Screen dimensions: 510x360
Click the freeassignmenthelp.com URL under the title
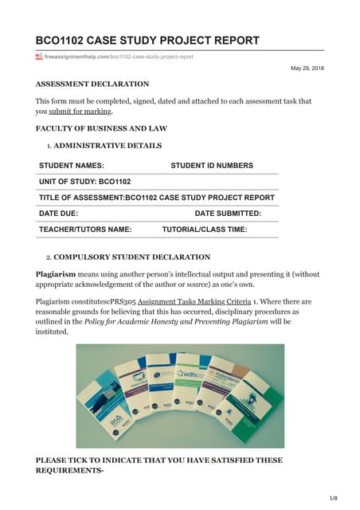(x=119, y=57)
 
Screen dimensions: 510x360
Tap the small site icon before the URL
(x=39, y=57)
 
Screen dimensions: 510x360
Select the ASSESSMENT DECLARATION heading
(x=92, y=84)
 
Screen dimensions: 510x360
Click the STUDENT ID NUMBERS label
(x=212, y=166)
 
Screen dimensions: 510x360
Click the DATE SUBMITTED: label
(x=228, y=214)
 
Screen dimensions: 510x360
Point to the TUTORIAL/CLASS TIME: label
(x=204, y=229)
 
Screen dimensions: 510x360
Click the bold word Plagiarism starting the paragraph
(x=56, y=274)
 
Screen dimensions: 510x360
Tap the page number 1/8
(x=333, y=496)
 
